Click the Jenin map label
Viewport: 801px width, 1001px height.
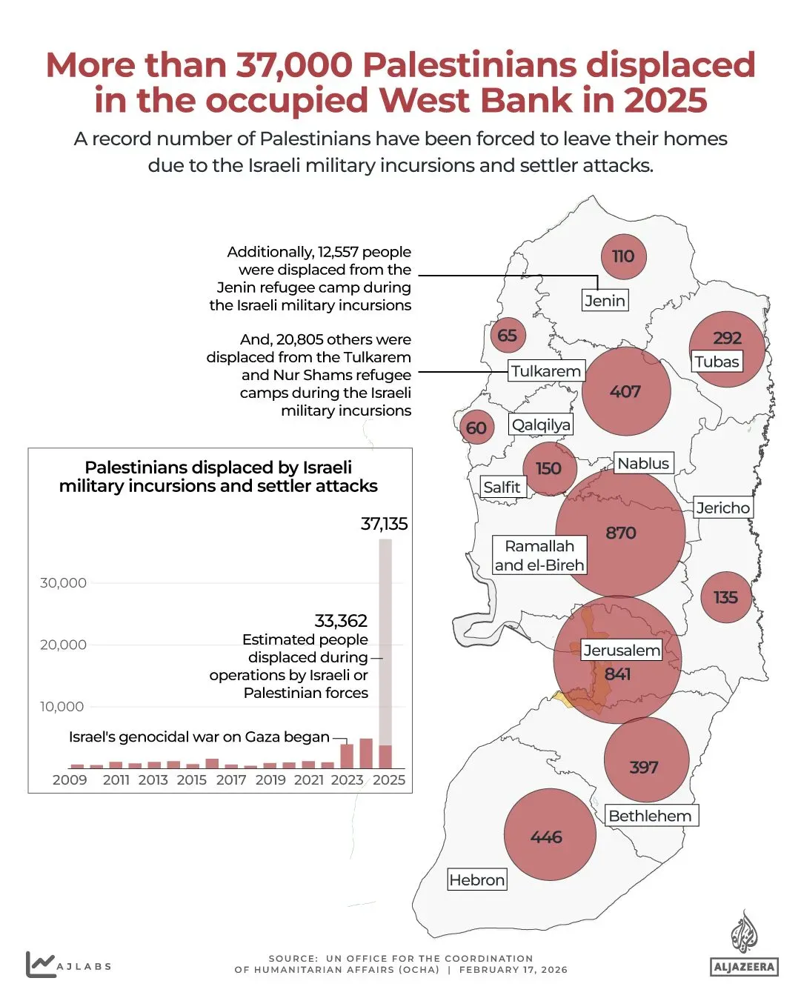[x=605, y=300]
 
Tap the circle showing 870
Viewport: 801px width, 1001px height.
[x=620, y=533]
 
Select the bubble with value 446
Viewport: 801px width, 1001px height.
[x=549, y=836]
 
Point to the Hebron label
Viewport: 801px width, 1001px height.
[x=477, y=879]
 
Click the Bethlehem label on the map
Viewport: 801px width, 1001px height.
[x=651, y=816]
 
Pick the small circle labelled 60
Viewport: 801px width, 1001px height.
[x=476, y=428]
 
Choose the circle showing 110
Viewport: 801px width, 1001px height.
[x=623, y=256]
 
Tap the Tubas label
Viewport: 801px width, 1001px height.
[x=717, y=362]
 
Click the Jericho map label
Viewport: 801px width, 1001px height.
[x=723, y=508]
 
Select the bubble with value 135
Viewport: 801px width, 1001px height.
[x=725, y=597]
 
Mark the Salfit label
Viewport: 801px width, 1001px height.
[x=502, y=487]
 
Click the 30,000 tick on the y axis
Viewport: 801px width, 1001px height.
[x=63, y=583]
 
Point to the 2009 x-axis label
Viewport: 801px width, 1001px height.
[x=70, y=779]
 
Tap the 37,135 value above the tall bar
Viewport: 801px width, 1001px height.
[x=384, y=524]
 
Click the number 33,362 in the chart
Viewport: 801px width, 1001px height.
[x=341, y=620]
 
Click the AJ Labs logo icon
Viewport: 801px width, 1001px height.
[x=40, y=964]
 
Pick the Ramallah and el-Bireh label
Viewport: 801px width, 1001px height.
[x=539, y=556]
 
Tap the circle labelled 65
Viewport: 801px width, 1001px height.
[x=508, y=336]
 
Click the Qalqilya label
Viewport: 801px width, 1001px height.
[x=541, y=425]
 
